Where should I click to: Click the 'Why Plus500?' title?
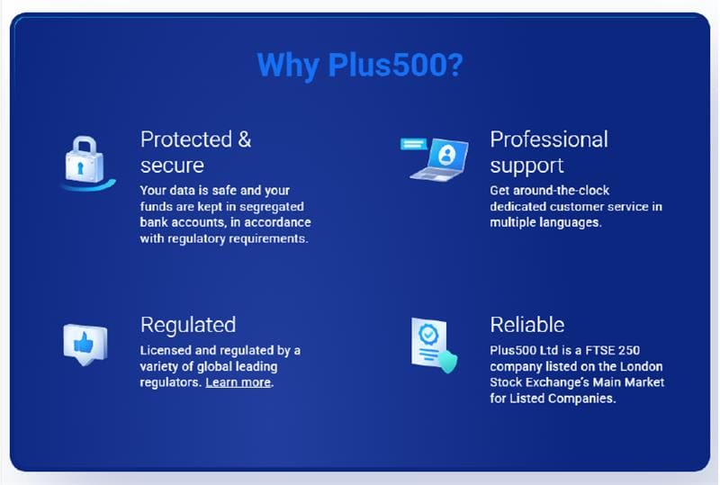(x=359, y=66)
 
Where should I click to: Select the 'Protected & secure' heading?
(x=196, y=152)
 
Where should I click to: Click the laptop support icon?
(x=438, y=157)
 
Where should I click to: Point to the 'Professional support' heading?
(x=549, y=152)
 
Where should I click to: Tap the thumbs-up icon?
(x=85, y=343)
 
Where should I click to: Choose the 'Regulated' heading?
(x=188, y=324)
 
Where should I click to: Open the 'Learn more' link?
(x=238, y=382)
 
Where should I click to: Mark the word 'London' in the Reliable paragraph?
(x=643, y=366)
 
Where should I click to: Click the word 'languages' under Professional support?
(x=569, y=222)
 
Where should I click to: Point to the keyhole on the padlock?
(x=84, y=167)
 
